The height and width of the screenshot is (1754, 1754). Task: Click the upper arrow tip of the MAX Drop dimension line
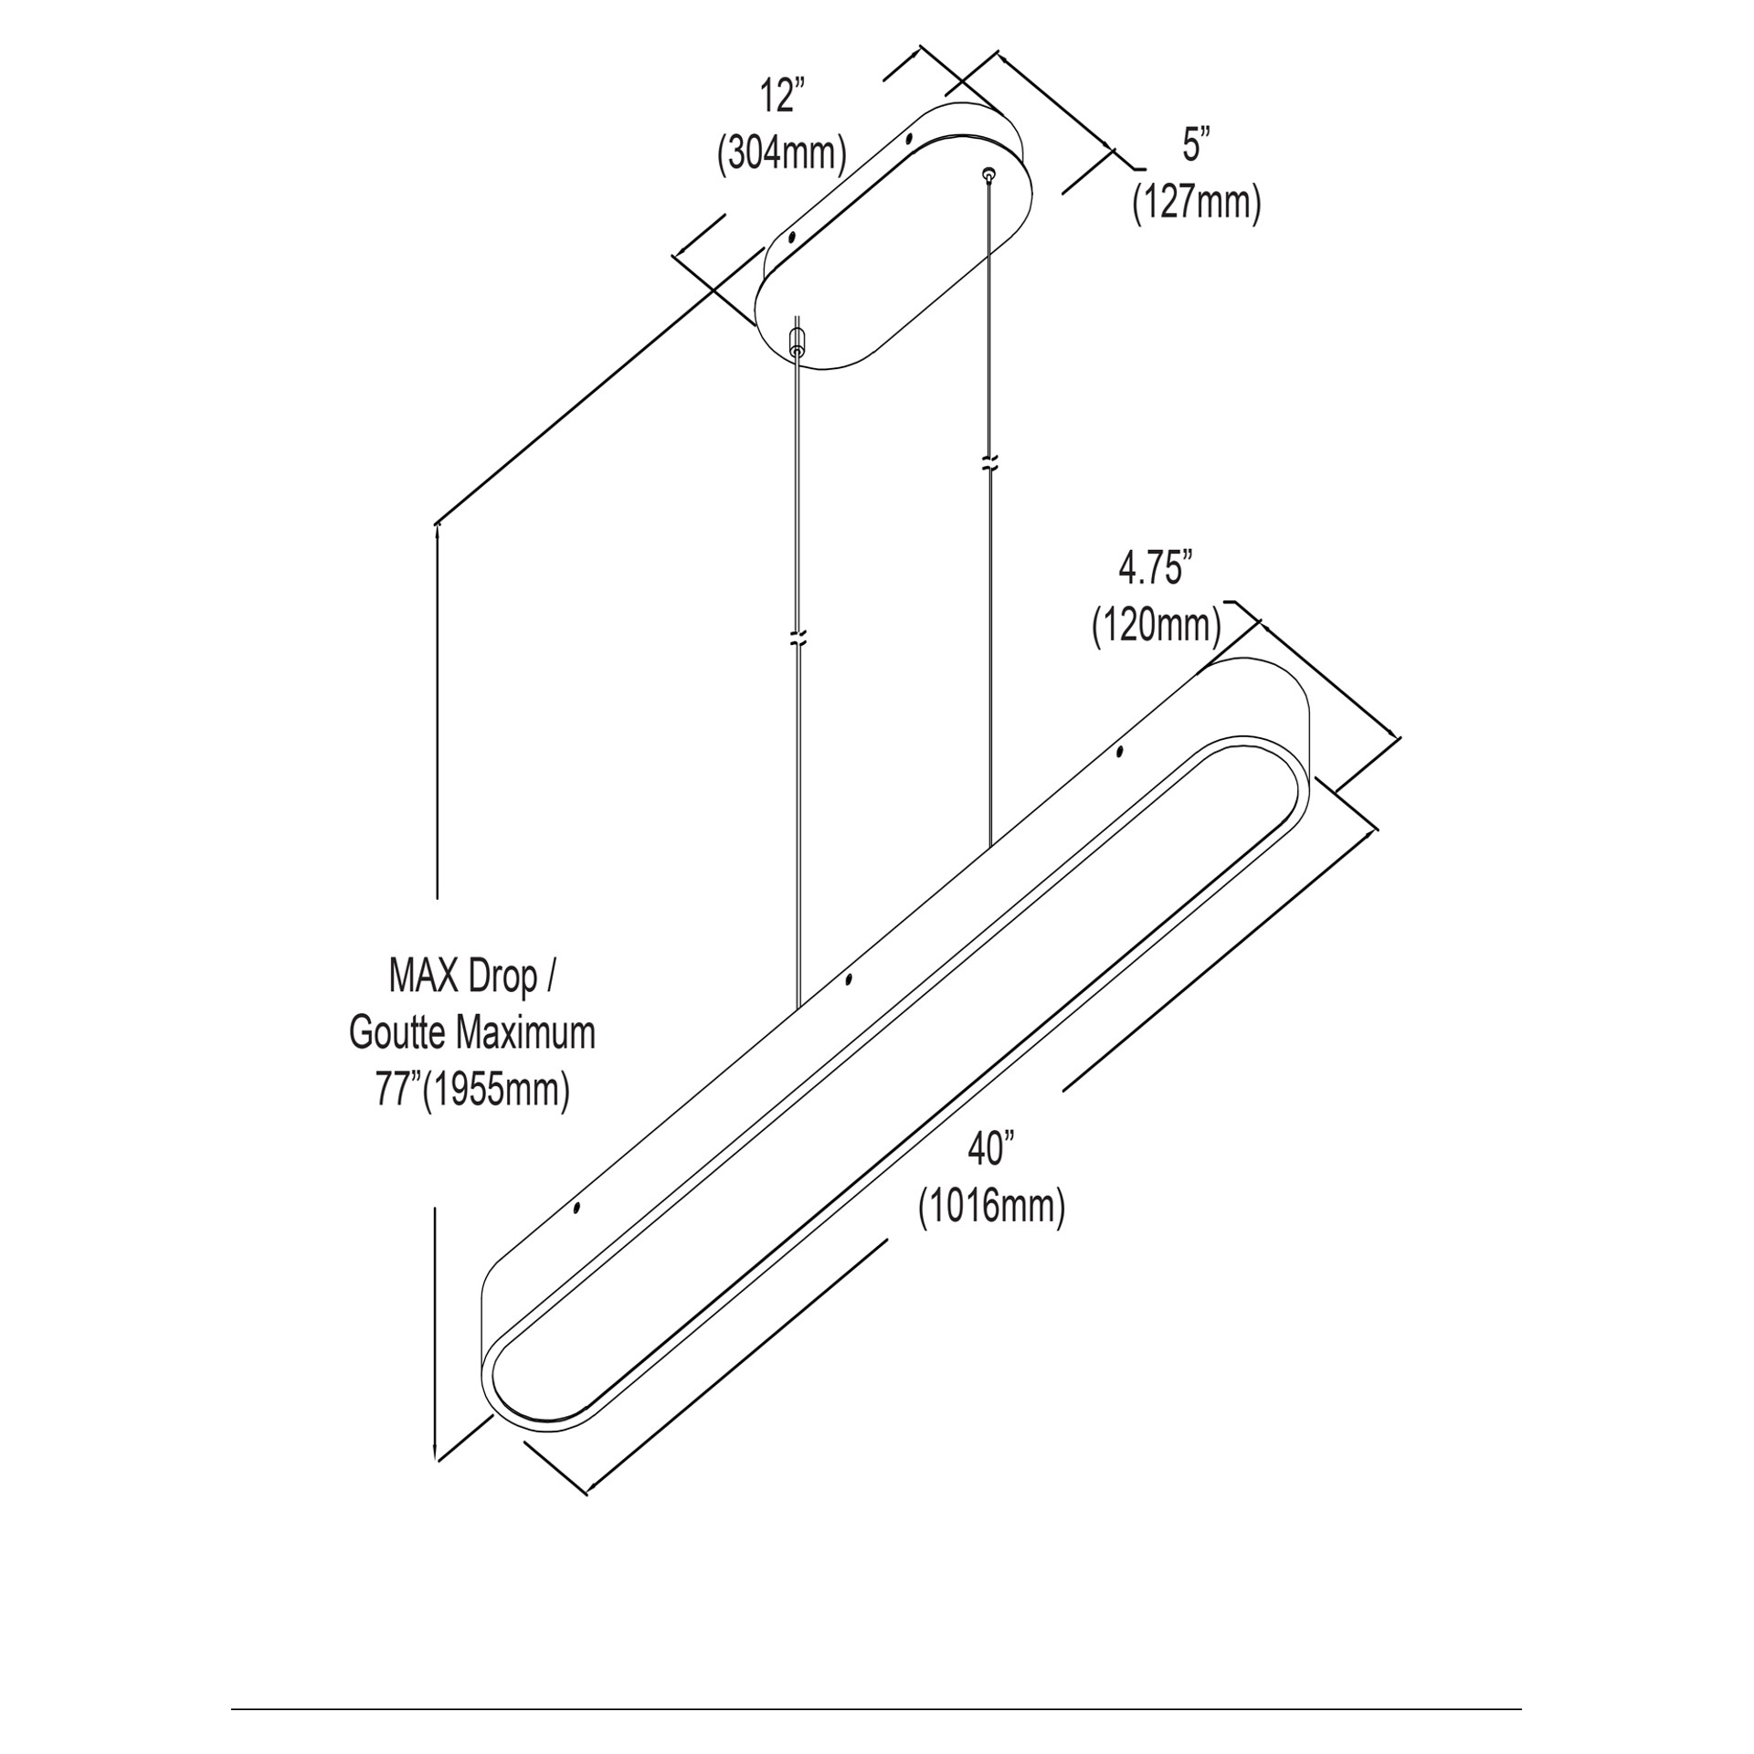[x=438, y=523]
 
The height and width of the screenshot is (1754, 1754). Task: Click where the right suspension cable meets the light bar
[x=989, y=849]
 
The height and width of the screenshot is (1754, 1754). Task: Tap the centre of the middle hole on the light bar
[x=849, y=980]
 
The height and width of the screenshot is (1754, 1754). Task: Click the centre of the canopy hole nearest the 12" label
[x=908, y=140]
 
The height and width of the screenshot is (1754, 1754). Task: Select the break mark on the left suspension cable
[x=798, y=637]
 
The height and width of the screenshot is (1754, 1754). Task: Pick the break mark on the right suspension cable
[x=989, y=462]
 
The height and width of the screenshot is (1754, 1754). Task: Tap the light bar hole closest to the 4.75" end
[x=1120, y=752]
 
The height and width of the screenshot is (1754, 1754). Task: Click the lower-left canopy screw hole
[x=791, y=238]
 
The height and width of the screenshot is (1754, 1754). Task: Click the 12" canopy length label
[x=783, y=96]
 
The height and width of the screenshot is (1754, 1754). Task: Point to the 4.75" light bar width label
[x=1156, y=569]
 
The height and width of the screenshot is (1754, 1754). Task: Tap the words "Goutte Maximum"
[x=472, y=1033]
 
